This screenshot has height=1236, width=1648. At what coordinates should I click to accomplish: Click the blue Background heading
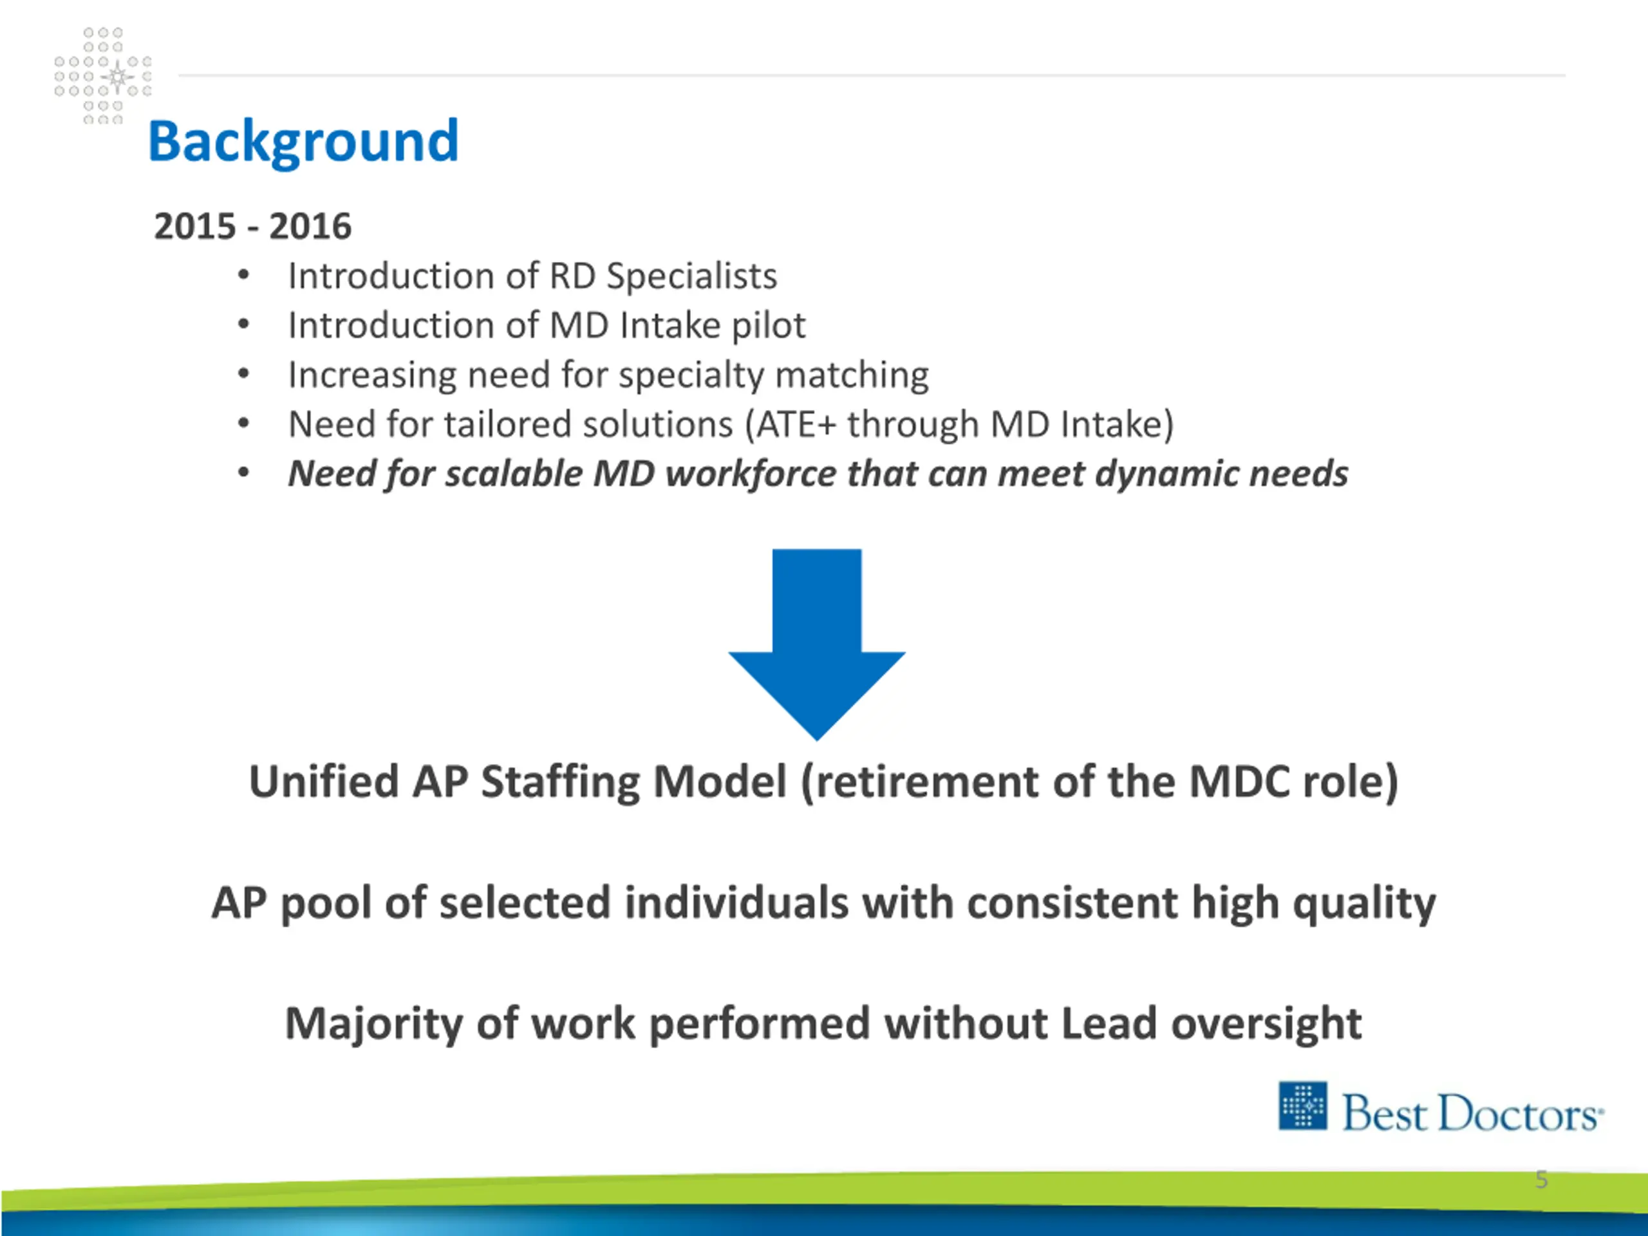pyautogui.click(x=303, y=142)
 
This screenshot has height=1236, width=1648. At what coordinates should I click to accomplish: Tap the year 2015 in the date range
pyautogui.click(x=194, y=227)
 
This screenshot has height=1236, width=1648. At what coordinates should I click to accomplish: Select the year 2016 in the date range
pyautogui.click(x=310, y=227)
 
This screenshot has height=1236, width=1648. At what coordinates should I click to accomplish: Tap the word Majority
pyautogui.click(x=373, y=1024)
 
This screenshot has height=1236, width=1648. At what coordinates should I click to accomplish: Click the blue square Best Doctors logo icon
pyautogui.click(x=1302, y=1105)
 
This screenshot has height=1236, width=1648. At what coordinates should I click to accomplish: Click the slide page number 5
pyautogui.click(x=1542, y=1180)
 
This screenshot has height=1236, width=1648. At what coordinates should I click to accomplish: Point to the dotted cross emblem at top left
pyautogui.click(x=103, y=76)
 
